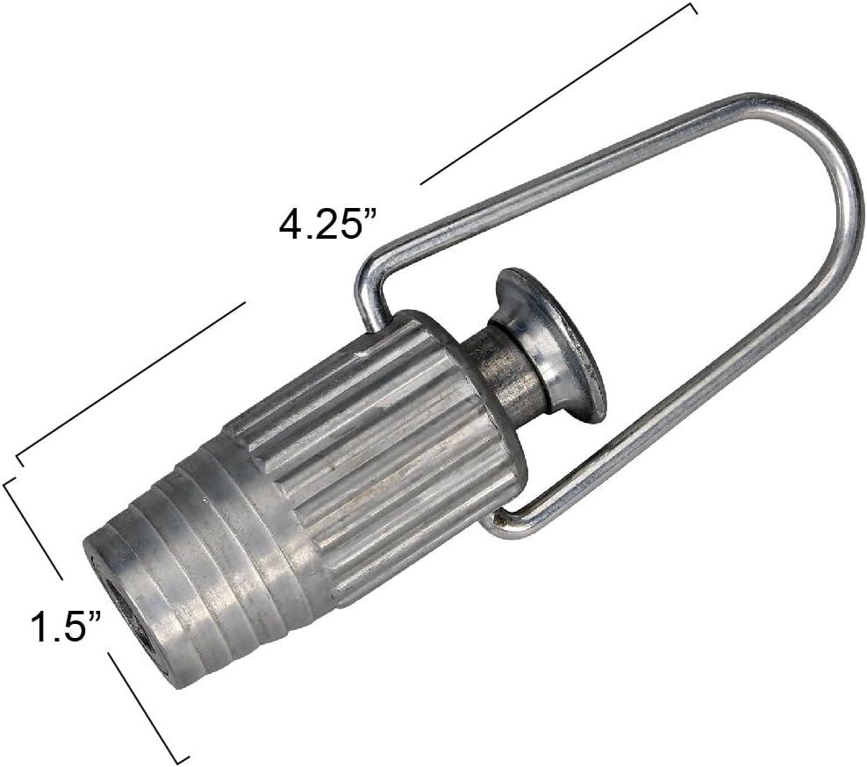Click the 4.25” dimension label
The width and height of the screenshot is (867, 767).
point(327,225)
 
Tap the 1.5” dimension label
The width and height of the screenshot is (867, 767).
point(66,627)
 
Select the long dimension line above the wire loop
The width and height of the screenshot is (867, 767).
point(557,94)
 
